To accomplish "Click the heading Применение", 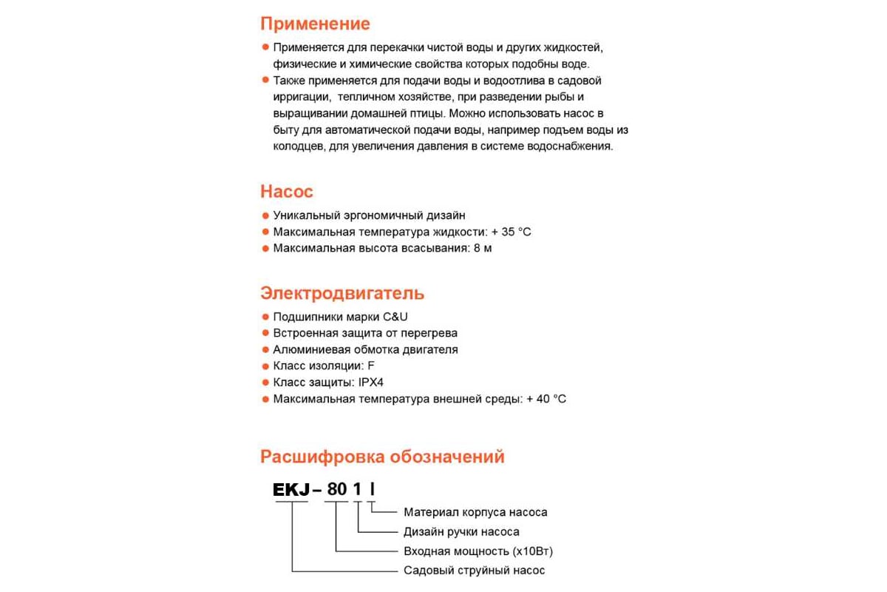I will (315, 24).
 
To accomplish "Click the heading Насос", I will (287, 192).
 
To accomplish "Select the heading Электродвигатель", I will (342, 293).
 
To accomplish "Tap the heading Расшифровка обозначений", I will (382, 457).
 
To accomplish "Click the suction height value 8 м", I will (483, 248).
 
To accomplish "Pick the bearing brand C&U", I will (395, 317).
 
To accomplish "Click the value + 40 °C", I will (546, 399).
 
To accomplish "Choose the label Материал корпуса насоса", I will (475, 512).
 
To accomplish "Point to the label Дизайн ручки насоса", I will (461, 531).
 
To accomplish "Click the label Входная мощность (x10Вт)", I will (478, 551).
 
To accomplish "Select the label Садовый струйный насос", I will (474, 571).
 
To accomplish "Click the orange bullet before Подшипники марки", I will (265, 317).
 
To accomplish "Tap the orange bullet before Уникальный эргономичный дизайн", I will (265, 215).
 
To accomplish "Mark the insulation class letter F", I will (371, 366).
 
